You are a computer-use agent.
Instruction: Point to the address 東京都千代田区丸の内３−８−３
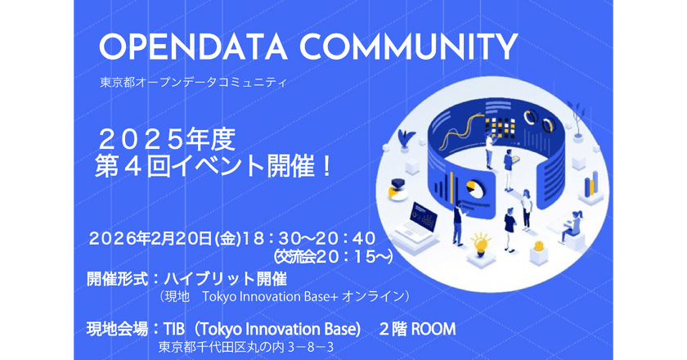(x=246, y=348)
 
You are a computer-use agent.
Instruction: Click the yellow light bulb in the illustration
(x=480, y=244)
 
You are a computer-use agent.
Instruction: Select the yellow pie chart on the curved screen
(x=471, y=190)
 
